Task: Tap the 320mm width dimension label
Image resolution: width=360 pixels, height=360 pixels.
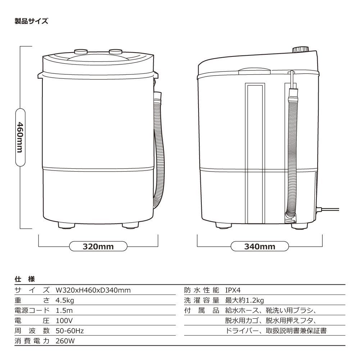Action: point(98,247)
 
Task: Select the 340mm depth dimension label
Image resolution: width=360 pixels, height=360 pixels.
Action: point(260,247)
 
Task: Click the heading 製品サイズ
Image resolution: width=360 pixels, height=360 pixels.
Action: point(31,21)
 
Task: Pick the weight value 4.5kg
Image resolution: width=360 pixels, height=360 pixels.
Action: point(65,300)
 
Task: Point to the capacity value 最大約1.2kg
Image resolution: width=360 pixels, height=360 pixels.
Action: point(245,300)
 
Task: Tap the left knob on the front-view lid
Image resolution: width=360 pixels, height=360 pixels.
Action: point(81,51)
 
